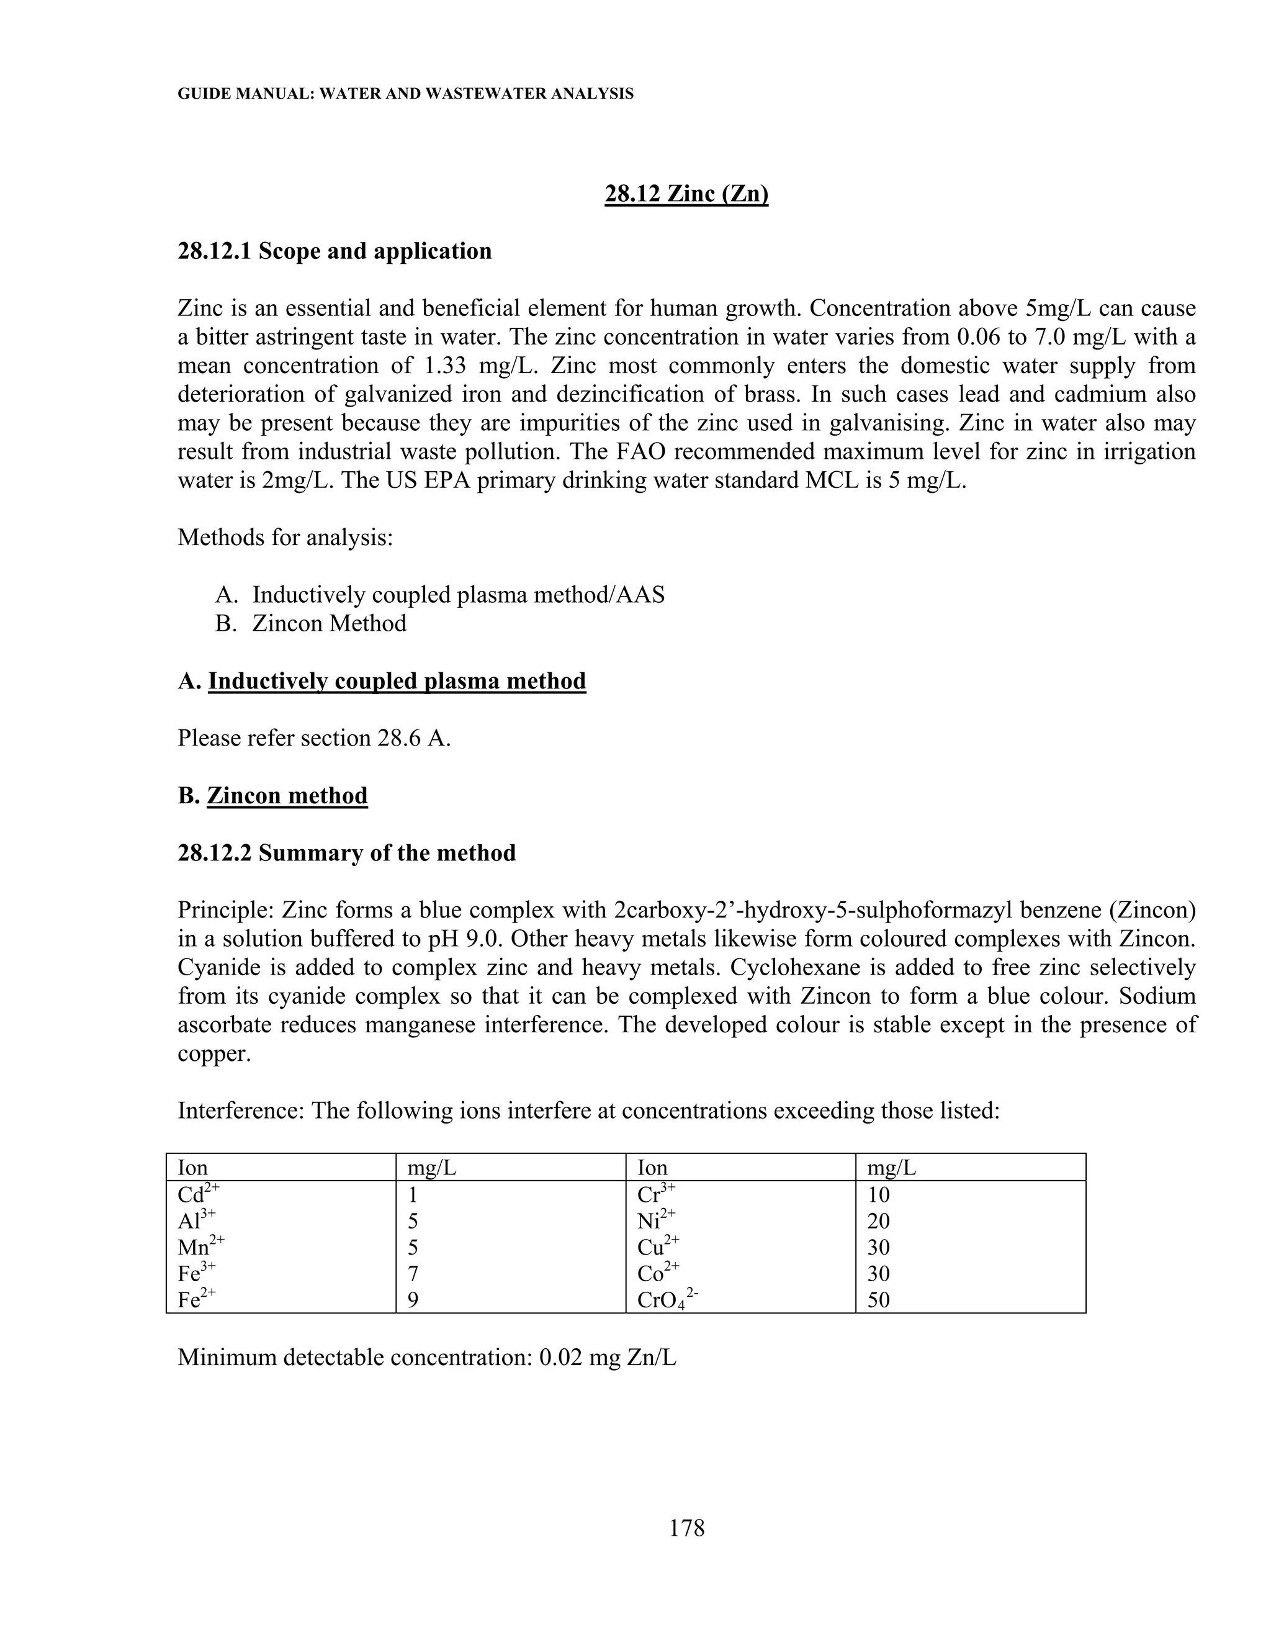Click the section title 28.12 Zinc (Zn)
[686, 194]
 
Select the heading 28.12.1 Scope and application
[335, 251]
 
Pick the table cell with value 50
[878, 1299]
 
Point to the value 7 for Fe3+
[413, 1273]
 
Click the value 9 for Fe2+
[413, 1299]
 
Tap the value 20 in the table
[878, 1220]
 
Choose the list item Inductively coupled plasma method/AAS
[458, 595]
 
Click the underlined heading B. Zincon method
[287, 796]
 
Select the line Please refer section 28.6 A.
[314, 738]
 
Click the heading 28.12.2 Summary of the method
[346, 854]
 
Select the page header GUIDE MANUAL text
[405, 94]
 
